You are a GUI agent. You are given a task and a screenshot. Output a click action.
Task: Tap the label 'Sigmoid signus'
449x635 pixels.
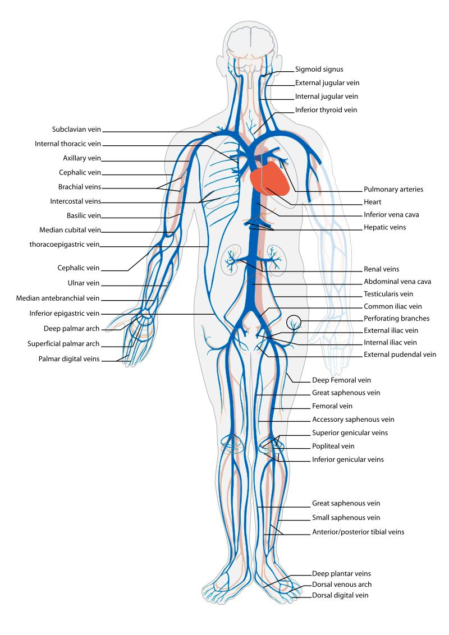[x=319, y=70]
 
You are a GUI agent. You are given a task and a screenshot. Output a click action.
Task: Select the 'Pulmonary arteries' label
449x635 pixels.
[x=393, y=190]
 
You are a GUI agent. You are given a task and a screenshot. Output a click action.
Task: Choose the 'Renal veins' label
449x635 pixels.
[x=382, y=269]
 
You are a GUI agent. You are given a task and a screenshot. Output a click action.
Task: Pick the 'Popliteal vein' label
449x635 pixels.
[x=333, y=446]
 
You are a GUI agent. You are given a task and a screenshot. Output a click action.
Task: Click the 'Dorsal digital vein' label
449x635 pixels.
[x=340, y=595]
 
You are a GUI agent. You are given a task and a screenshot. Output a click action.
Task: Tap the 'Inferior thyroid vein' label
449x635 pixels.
[x=326, y=110]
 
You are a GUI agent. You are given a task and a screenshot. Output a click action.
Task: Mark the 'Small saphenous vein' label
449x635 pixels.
[x=346, y=517]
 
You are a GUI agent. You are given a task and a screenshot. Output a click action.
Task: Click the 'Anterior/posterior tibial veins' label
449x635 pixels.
[x=358, y=531]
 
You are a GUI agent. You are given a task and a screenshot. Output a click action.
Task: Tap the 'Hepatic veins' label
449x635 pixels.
[x=385, y=228]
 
